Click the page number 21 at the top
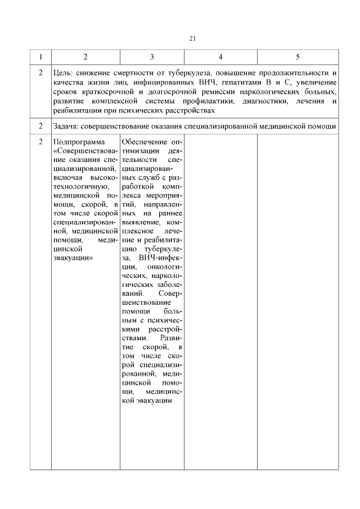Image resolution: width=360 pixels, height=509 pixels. [x=192, y=38]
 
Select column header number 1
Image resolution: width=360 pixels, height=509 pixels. [x=40, y=57]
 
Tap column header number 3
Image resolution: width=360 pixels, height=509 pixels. [x=152, y=57]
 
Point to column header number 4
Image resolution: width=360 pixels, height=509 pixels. [x=220, y=57]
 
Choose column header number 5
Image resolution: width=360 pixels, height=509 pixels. [x=298, y=57]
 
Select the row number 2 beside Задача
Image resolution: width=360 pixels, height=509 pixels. [x=40, y=126]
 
